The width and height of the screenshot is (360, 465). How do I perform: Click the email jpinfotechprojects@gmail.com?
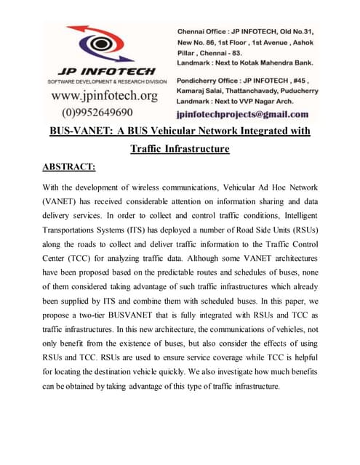click(243, 114)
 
